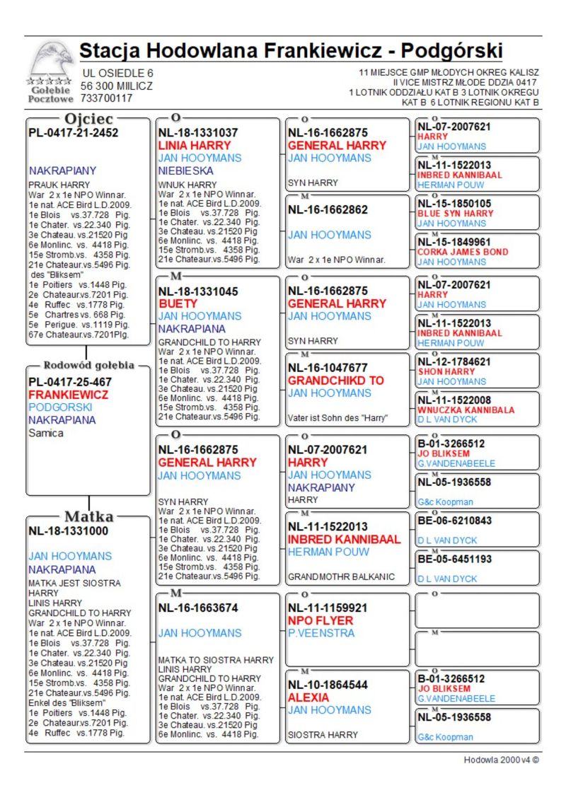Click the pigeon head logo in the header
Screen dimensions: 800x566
click(x=51, y=62)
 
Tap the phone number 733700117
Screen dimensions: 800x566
click(x=107, y=99)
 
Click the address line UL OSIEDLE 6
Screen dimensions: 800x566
click(x=117, y=74)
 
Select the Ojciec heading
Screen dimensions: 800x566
click(x=88, y=118)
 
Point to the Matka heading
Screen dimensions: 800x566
click(x=89, y=516)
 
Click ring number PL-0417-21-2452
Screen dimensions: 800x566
click(x=73, y=132)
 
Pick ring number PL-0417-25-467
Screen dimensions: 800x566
click(x=70, y=382)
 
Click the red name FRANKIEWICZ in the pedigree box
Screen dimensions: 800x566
click(x=68, y=395)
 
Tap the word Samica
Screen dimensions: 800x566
click(x=46, y=433)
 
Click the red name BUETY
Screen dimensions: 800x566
click(x=178, y=303)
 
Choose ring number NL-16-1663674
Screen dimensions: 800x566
click(x=198, y=607)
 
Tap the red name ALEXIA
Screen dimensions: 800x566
click(x=308, y=697)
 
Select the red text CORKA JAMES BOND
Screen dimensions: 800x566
click(x=463, y=252)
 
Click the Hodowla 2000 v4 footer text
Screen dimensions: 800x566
click(x=501, y=760)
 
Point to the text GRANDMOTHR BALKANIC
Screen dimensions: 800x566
click(x=341, y=576)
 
